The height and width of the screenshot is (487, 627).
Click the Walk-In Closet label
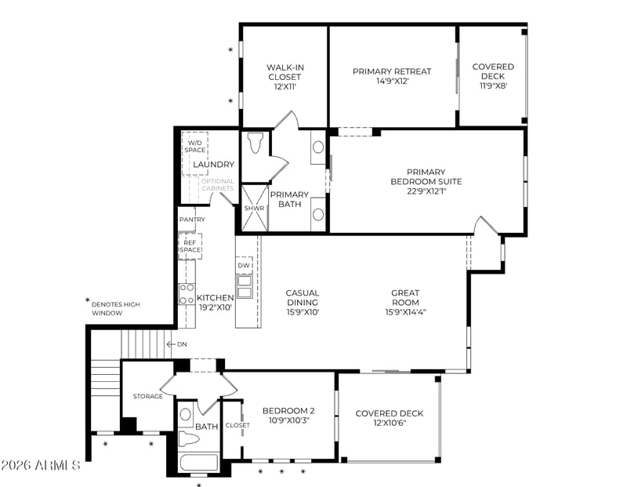(285, 72)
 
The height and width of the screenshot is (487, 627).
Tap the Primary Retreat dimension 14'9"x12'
(392, 82)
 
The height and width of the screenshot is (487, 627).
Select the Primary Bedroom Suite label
(426, 176)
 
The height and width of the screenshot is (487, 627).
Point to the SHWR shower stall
(255, 208)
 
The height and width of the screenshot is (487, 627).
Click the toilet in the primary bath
(254, 143)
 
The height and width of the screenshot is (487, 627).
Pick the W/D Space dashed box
(194, 153)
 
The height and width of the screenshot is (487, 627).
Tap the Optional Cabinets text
(218, 184)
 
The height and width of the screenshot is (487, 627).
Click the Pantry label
(192, 220)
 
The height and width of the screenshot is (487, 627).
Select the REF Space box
(190, 246)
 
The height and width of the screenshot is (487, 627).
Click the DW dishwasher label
(244, 265)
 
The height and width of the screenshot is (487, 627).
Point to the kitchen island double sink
(245, 286)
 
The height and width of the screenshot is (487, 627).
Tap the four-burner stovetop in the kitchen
(187, 294)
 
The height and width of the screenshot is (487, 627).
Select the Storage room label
(148, 396)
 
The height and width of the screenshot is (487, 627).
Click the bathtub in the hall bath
(199, 463)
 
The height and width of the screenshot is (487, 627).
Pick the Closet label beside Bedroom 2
(237, 425)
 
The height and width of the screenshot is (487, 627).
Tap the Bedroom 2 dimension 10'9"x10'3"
(288, 420)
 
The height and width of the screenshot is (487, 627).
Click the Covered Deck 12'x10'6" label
(389, 418)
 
